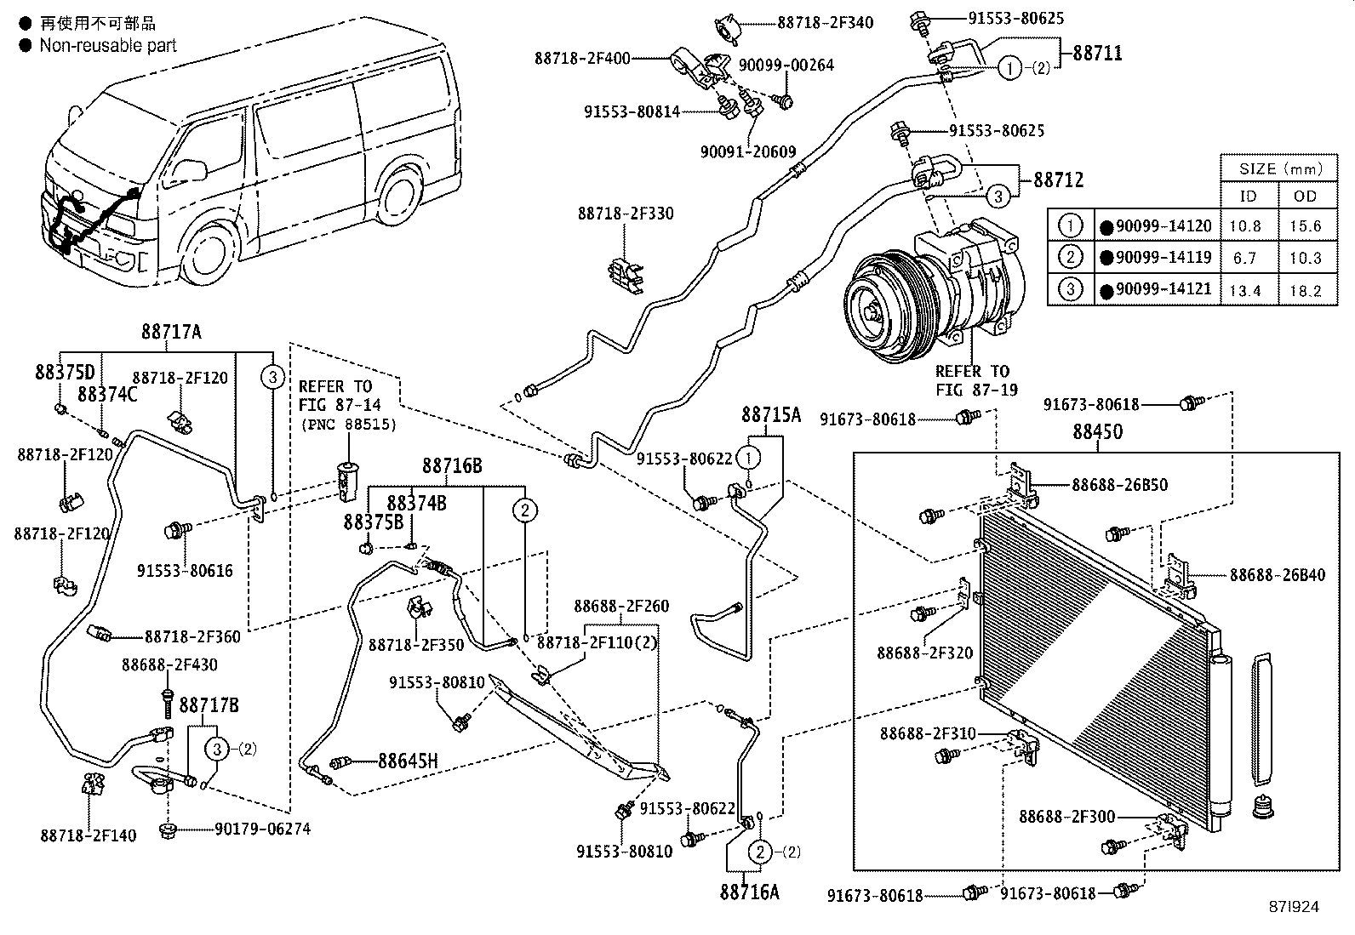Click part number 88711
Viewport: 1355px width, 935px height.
click(x=1097, y=53)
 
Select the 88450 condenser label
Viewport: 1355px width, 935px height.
click(x=1097, y=432)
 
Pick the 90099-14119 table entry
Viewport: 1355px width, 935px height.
click(x=1162, y=258)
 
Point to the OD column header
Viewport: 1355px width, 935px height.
click(x=1305, y=197)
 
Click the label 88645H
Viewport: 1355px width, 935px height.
click(x=408, y=761)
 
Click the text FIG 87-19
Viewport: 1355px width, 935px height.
click(x=972, y=391)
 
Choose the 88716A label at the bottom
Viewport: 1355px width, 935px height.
click(x=749, y=892)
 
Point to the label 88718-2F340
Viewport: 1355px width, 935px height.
click(x=825, y=23)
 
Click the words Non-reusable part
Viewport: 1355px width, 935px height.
click(x=108, y=45)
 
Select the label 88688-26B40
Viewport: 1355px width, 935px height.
click(x=1277, y=575)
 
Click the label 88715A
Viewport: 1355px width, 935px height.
click(x=771, y=414)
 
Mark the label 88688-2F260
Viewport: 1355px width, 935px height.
click(x=620, y=606)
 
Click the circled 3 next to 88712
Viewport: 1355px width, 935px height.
click(x=998, y=196)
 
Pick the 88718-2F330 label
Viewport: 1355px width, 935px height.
click(x=626, y=214)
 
